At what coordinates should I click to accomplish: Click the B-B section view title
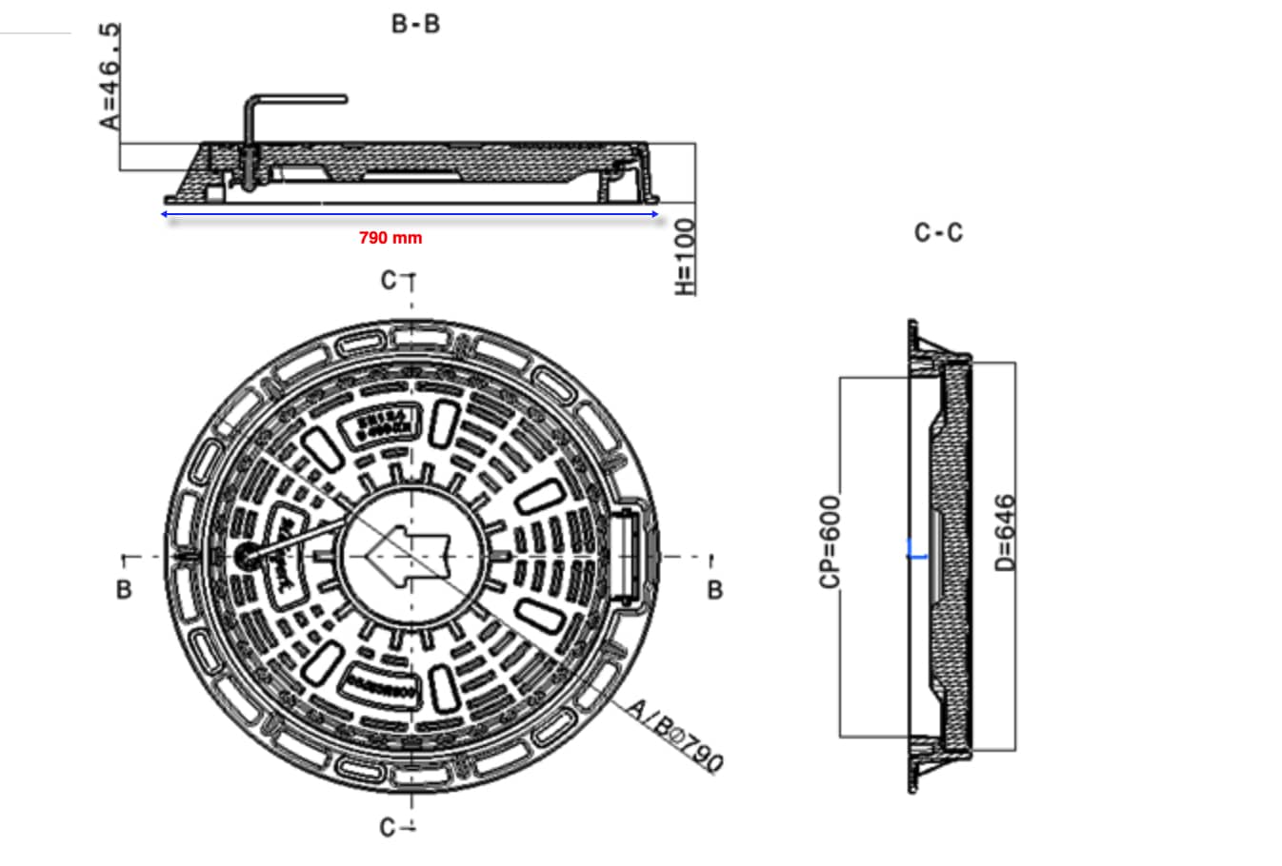click(415, 24)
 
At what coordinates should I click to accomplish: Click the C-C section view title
click(938, 232)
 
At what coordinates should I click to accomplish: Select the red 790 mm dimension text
click(391, 237)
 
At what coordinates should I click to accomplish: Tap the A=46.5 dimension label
click(111, 76)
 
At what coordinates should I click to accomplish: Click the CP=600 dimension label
click(831, 541)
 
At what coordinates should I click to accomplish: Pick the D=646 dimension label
click(1006, 532)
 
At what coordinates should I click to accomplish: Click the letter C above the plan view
click(389, 280)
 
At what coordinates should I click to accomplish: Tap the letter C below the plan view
click(389, 828)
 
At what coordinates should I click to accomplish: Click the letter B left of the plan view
click(123, 590)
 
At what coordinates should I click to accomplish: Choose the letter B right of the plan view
click(715, 590)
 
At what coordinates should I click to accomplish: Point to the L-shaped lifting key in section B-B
click(286, 105)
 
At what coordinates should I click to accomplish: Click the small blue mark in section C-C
click(915, 549)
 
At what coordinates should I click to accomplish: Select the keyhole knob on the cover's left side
click(245, 556)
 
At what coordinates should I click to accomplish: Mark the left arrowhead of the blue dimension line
click(166, 214)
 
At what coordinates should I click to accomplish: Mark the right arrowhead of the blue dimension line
click(654, 214)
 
